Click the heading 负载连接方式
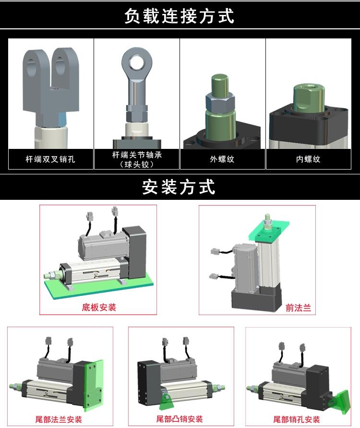pyautogui.click(x=179, y=15)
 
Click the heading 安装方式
pyautogui.click(x=179, y=187)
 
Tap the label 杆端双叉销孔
pyautogui.click(x=50, y=159)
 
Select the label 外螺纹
pyautogui.click(x=222, y=159)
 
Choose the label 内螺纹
pyautogui.click(x=308, y=159)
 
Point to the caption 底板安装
pyautogui.click(x=99, y=307)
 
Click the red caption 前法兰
pyautogui.click(x=299, y=308)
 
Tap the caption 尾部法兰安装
pyautogui.click(x=59, y=419)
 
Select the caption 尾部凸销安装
pyautogui.click(x=180, y=419)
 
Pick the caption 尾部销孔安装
pyautogui.click(x=297, y=419)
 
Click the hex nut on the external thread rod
pyautogui.click(x=220, y=102)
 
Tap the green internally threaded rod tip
pyautogui.click(x=309, y=98)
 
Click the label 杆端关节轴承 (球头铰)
pyautogui.click(x=137, y=159)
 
